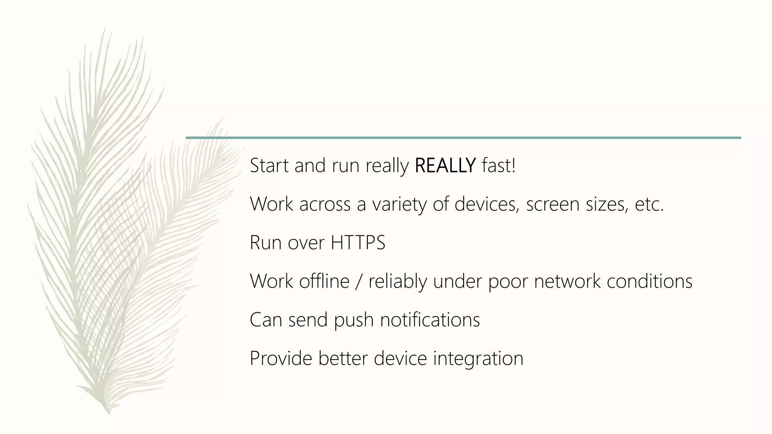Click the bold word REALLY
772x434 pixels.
click(x=445, y=166)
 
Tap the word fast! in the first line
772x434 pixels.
click(x=498, y=166)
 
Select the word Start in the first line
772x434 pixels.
click(x=269, y=166)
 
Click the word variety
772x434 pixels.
click(x=399, y=205)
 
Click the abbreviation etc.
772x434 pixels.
click(x=649, y=205)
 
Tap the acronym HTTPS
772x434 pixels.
click(x=358, y=243)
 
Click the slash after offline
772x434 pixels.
click(x=359, y=281)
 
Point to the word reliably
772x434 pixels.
click(x=398, y=281)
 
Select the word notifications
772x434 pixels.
click(x=430, y=320)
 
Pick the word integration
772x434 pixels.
click(x=478, y=358)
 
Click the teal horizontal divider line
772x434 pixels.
click(x=463, y=138)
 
